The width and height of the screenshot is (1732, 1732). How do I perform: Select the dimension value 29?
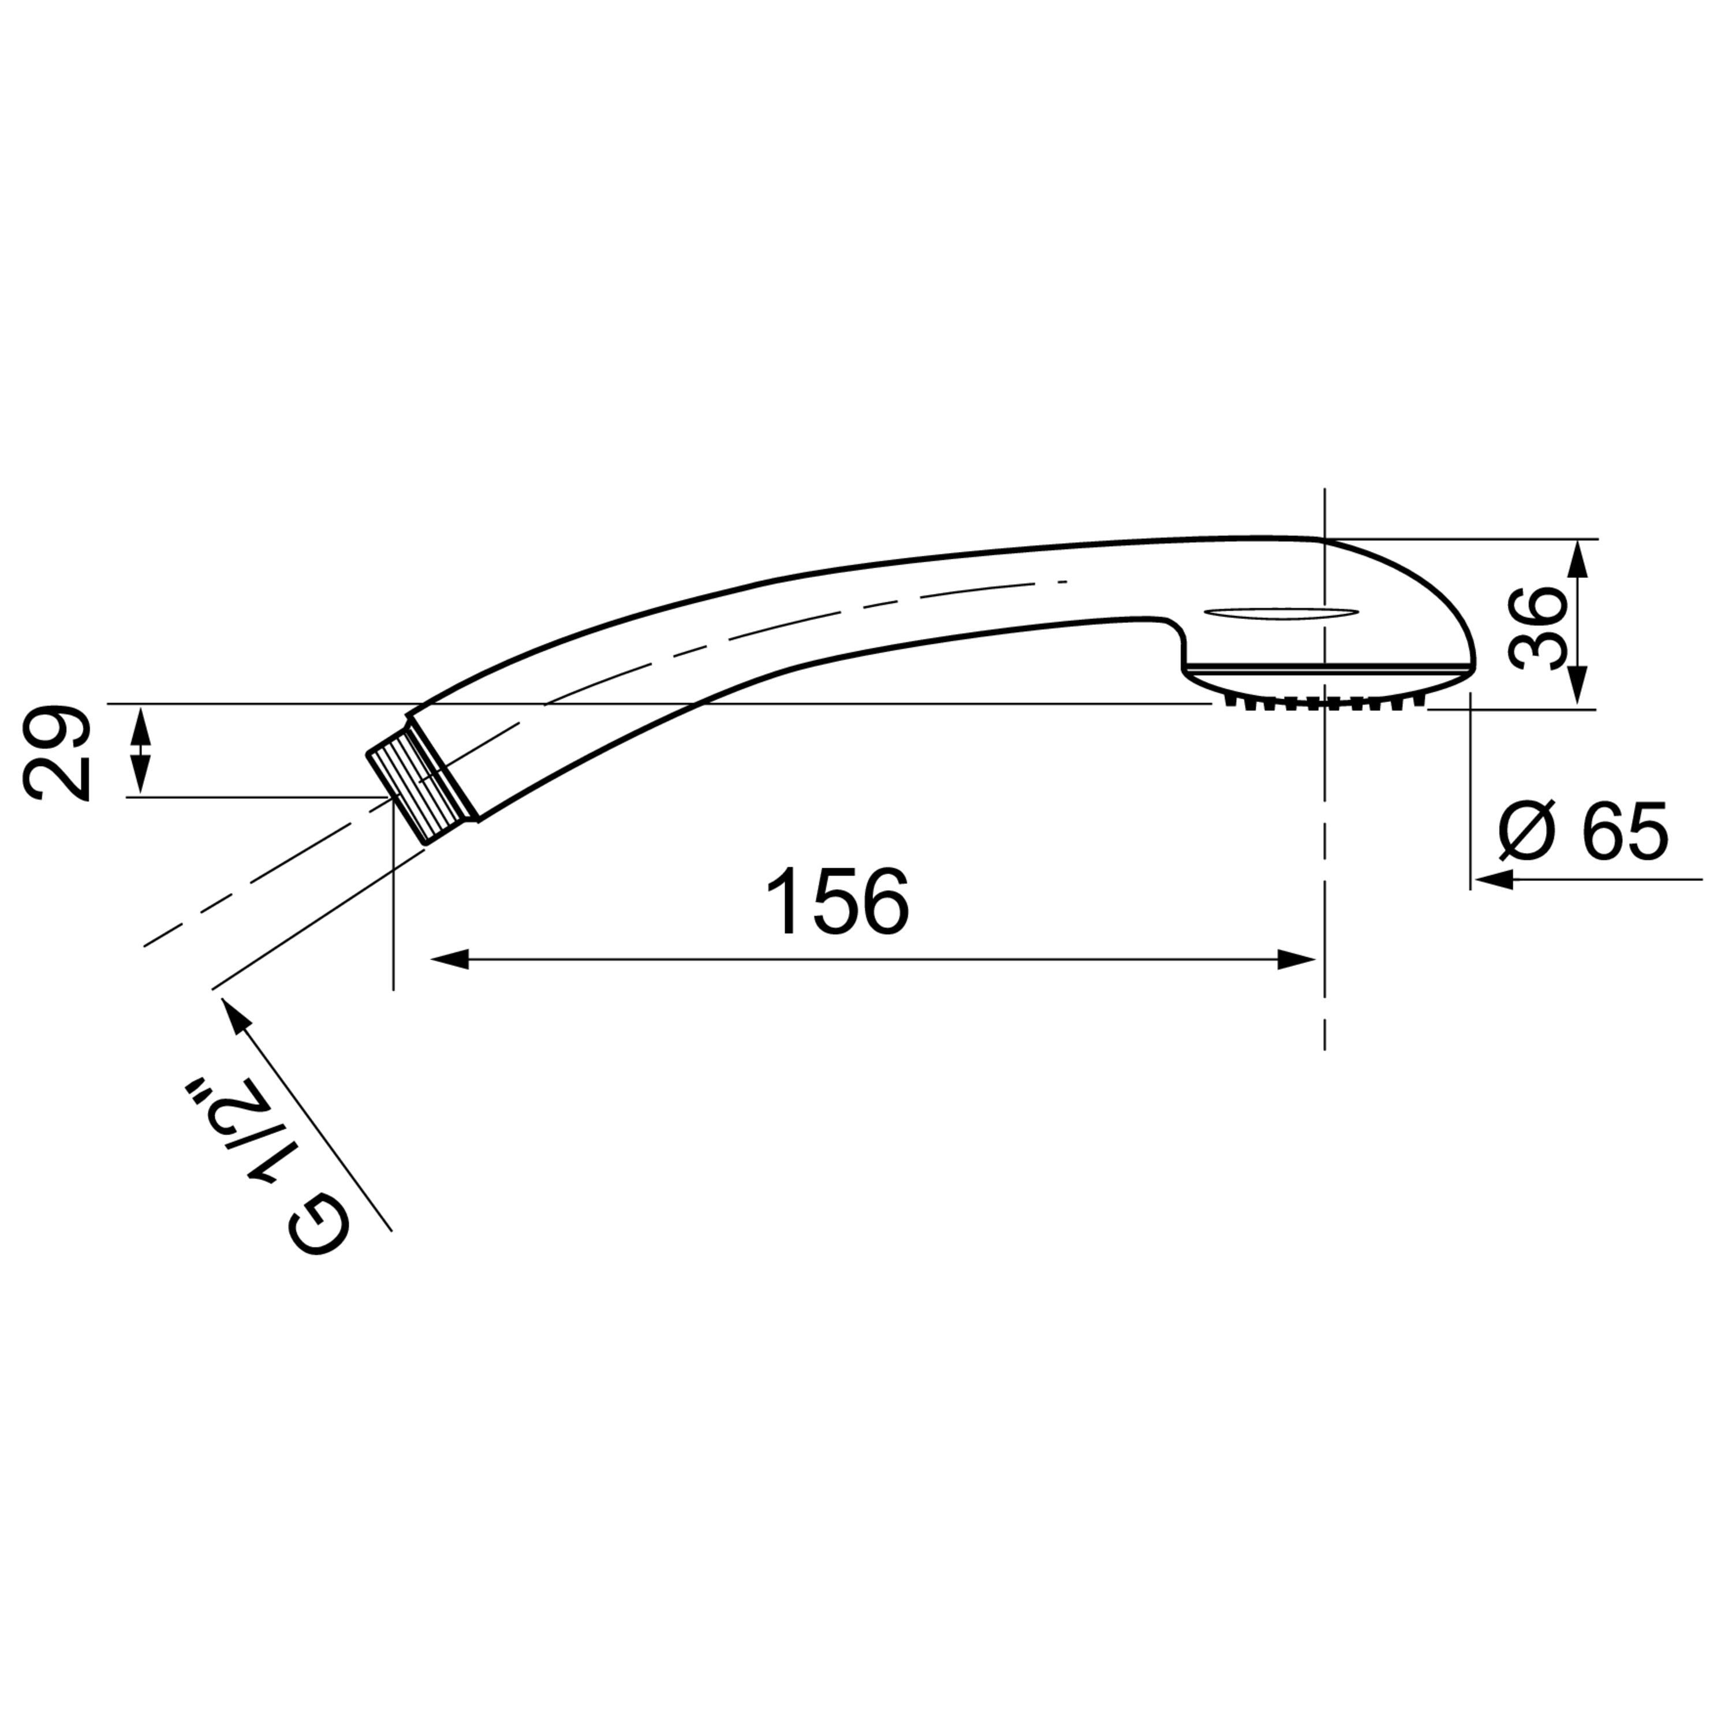57,753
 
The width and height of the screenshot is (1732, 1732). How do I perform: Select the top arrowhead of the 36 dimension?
1580,558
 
